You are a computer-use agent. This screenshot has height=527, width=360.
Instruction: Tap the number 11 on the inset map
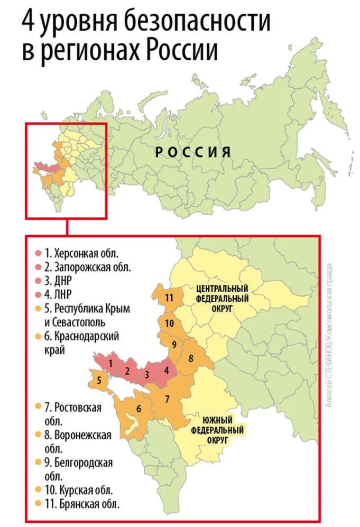(169, 298)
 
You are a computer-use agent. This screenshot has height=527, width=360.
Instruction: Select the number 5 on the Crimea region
(99, 379)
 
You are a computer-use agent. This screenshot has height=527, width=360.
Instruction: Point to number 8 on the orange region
(191, 358)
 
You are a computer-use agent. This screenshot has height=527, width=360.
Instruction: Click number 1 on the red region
(110, 363)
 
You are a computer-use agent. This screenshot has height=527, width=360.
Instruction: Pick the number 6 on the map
(139, 408)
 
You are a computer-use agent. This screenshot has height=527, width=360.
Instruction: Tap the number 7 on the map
(167, 398)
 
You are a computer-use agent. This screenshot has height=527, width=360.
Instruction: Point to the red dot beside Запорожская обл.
(38, 267)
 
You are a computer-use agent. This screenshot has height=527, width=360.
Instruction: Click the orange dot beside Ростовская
(38, 407)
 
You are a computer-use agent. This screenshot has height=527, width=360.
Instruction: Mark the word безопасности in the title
(198, 23)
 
